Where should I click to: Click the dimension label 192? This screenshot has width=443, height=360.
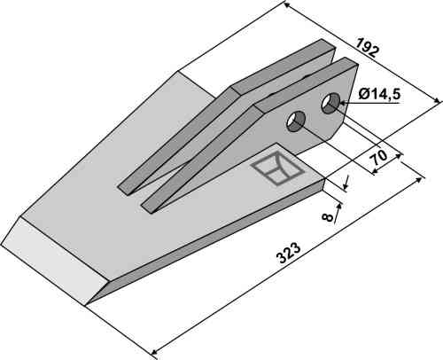pyautogui.click(x=367, y=48)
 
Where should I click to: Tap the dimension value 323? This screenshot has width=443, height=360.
pyautogui.click(x=289, y=254)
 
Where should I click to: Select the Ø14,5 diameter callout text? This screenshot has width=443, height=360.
pyautogui.click(x=379, y=95)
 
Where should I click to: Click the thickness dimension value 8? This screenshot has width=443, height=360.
pyautogui.click(x=328, y=217)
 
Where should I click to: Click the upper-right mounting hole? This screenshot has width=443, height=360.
pyautogui.click(x=330, y=103)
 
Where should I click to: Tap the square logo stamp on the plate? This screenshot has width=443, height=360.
pyautogui.click(x=276, y=168)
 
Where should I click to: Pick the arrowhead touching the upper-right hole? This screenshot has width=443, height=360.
pyautogui.click(x=344, y=103)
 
